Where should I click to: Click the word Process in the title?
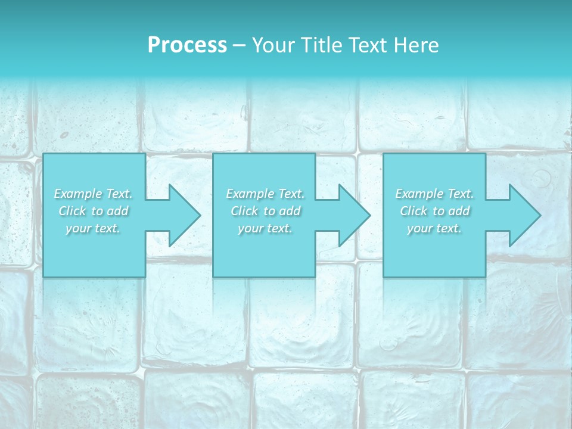pos(187,45)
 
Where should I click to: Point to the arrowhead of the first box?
pos(185,215)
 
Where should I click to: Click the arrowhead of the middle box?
pos(355,215)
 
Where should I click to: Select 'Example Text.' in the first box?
pos(93,194)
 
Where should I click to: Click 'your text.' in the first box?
pos(93,228)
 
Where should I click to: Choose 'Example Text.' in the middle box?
pos(265,194)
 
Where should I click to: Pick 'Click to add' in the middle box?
pos(265,211)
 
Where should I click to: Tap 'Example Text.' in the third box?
pos(434,194)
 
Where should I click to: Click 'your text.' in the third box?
pos(434,228)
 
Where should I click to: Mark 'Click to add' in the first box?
pos(93,211)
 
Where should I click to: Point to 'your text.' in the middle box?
pos(265,228)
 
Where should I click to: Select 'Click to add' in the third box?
pos(434,211)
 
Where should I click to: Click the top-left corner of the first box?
pos(43,154)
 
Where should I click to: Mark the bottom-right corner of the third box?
pos(485,276)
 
